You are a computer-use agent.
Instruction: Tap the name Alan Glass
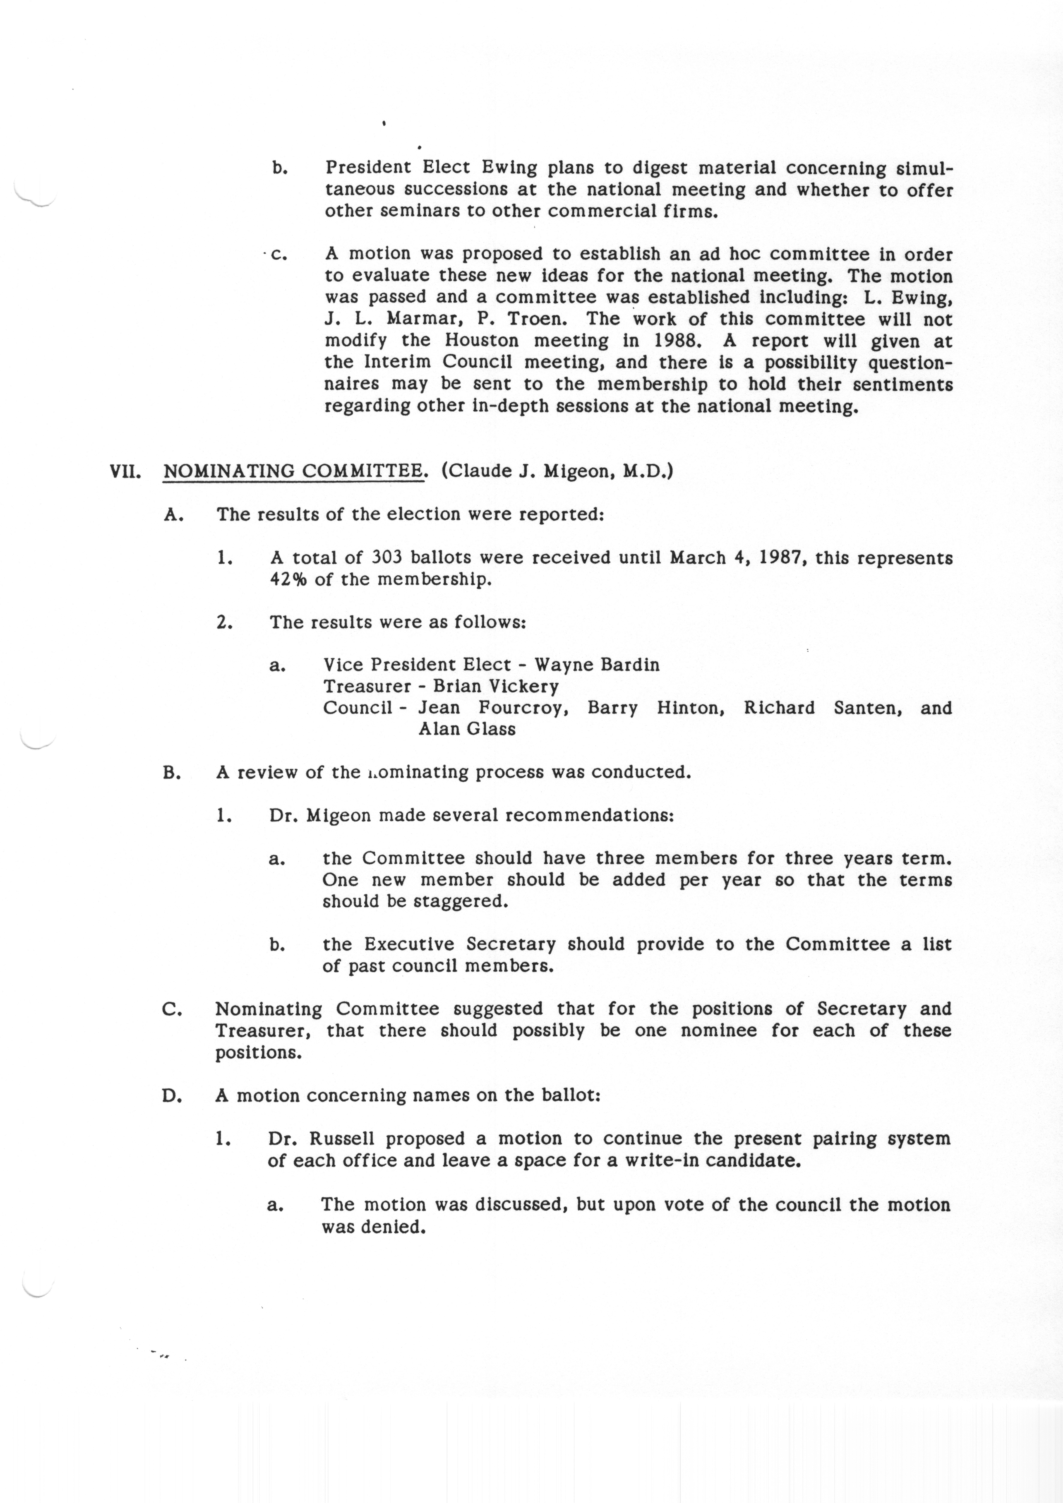click(x=467, y=729)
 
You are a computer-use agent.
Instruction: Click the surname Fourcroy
click(x=523, y=708)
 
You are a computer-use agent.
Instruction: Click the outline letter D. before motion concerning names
click(x=172, y=1096)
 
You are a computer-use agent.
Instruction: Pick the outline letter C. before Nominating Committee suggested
click(x=172, y=1009)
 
